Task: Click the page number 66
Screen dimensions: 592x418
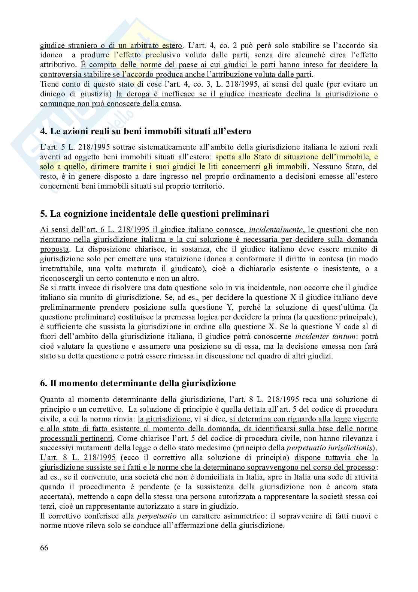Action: click(x=44, y=548)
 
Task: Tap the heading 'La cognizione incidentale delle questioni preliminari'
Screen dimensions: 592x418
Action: click(x=154, y=214)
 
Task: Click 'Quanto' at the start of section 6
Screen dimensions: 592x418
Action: click(x=51, y=399)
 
